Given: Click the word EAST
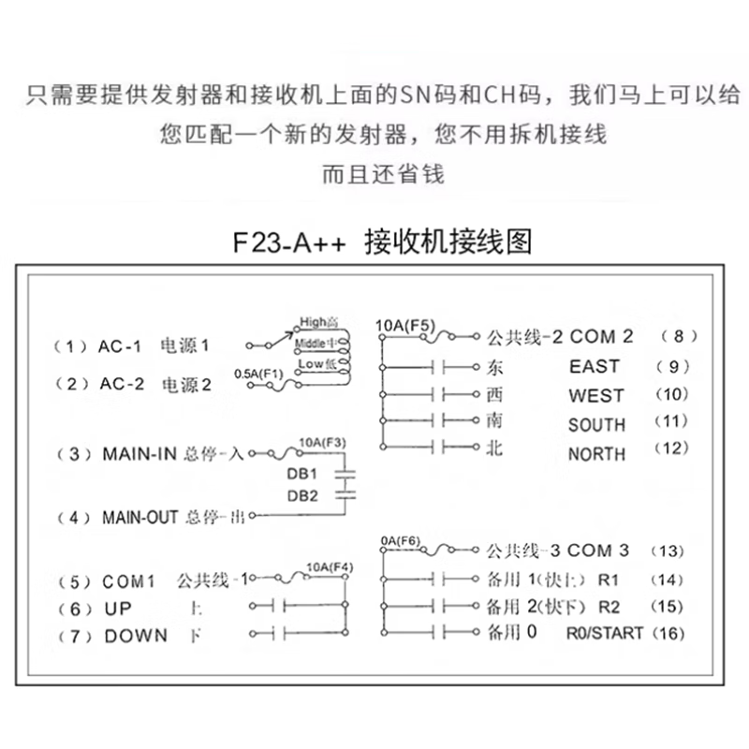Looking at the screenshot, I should (594, 366).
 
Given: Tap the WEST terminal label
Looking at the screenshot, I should (595, 395).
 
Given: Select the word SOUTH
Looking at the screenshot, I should (596, 425).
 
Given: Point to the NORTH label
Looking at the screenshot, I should (596, 454).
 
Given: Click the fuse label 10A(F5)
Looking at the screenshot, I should (404, 326).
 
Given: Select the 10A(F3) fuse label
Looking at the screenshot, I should (321, 442).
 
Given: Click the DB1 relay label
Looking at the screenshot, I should (302, 473).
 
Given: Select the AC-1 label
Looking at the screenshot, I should (119, 345).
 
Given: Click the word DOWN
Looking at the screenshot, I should (136, 636).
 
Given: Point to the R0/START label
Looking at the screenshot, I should (604, 634).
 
